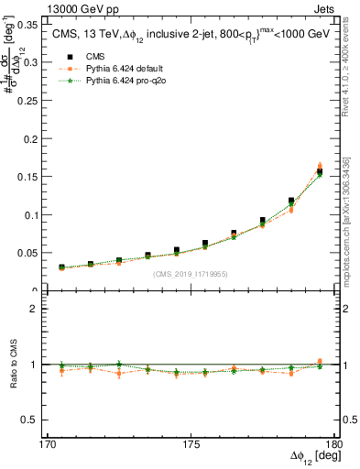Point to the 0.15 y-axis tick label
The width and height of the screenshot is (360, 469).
(38, 177)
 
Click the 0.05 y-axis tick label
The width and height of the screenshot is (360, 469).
(38, 252)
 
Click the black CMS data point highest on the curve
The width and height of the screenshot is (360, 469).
(320, 171)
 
